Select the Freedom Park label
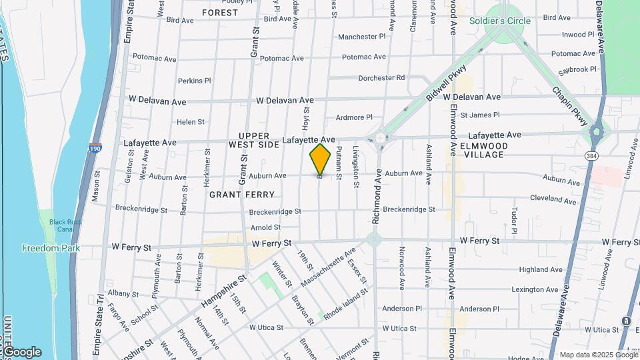click(51, 249)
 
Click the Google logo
click(22, 351)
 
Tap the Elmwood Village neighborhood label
click(484, 150)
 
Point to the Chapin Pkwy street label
click(569, 106)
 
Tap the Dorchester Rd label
click(381, 78)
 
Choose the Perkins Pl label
click(194, 81)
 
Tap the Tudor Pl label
click(514, 221)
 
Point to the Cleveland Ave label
click(552, 199)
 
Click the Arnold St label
click(265, 228)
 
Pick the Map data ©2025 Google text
click(597, 355)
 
